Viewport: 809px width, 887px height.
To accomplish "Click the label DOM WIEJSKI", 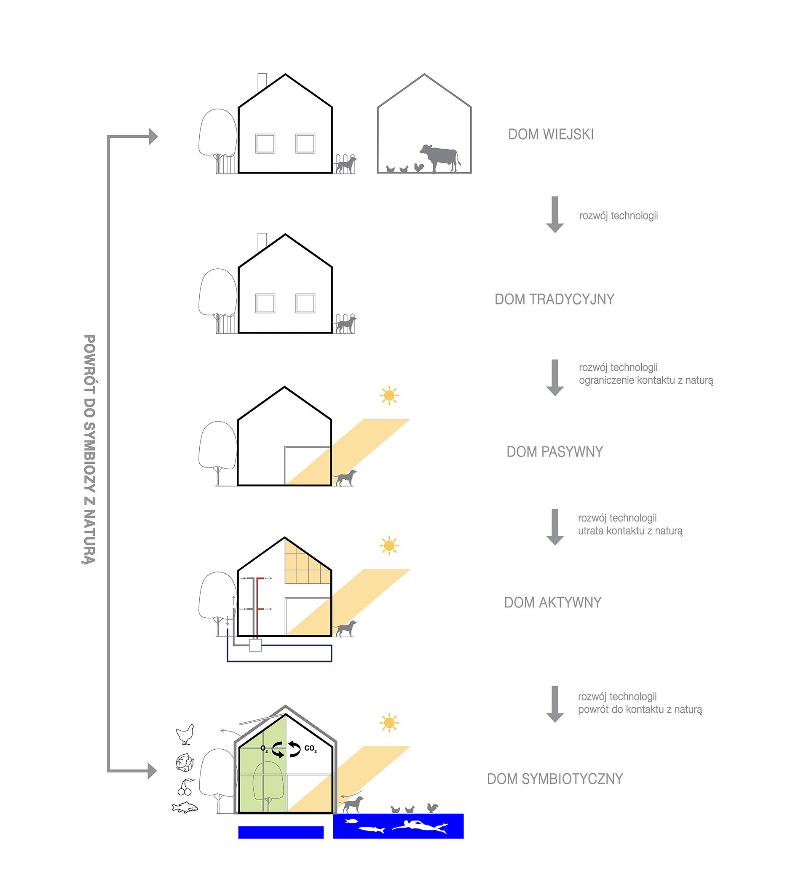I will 551,134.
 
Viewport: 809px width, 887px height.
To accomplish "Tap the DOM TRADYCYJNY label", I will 554,299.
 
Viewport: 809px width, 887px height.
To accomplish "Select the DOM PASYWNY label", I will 554,452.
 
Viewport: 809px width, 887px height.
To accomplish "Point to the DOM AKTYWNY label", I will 552,602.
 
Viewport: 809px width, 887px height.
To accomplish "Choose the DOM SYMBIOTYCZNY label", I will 555,779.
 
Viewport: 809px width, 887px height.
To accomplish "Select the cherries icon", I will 186,787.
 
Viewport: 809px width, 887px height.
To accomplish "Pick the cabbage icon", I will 185,762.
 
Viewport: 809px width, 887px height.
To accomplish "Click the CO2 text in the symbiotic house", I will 310,748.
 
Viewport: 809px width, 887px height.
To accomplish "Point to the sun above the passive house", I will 389,395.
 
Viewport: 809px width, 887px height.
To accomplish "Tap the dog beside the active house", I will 346,628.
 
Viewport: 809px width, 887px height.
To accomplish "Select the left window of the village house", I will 265,144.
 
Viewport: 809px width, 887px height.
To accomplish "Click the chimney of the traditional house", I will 262,241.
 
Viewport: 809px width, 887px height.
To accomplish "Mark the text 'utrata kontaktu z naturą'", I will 630,531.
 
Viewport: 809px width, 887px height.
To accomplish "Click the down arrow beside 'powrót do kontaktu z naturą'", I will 555,704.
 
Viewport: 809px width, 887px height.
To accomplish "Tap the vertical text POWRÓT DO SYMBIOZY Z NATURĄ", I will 89,449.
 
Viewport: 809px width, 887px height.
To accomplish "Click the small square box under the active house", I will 255,645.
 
